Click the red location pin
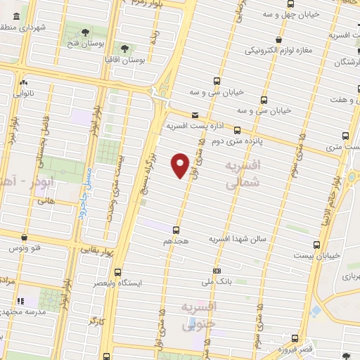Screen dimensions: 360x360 (181, 165)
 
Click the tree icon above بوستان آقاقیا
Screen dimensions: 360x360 (125, 49)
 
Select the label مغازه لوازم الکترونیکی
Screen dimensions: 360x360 (278, 51)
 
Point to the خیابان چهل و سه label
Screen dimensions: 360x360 (290, 13)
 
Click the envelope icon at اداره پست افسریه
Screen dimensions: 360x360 (195, 115)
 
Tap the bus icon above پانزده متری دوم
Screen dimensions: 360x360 (237, 130)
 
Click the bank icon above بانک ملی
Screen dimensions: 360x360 (217, 271)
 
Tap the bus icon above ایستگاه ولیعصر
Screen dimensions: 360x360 (117, 272)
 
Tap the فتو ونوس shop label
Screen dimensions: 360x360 (25, 248)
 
